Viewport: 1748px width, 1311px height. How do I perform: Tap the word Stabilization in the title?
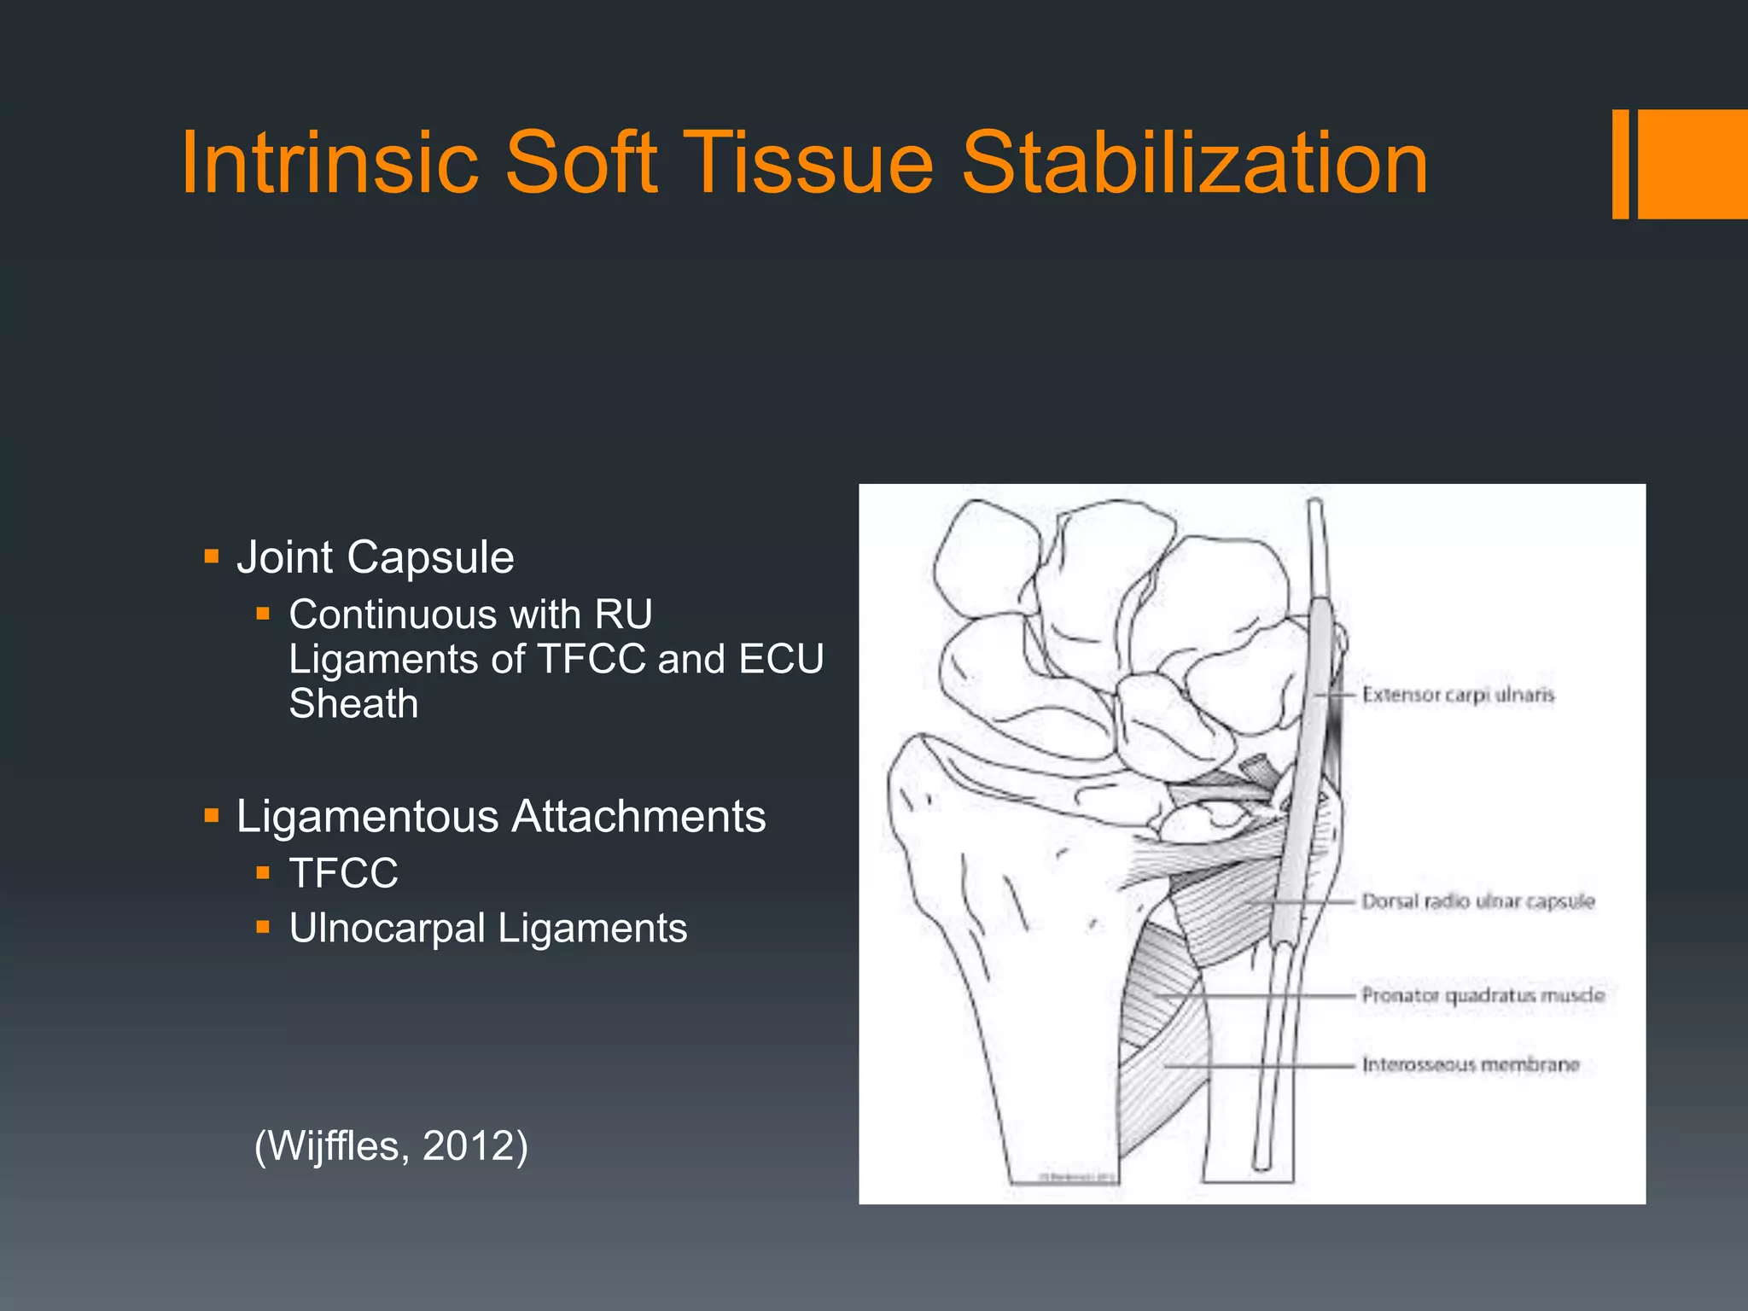1194,162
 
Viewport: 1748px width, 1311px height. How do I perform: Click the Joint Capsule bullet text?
375,557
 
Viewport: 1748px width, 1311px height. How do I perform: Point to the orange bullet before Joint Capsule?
212,558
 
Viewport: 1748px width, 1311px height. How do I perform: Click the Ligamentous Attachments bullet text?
501,816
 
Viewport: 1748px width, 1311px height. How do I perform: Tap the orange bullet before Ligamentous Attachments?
212,817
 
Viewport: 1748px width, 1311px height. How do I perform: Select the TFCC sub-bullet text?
343,873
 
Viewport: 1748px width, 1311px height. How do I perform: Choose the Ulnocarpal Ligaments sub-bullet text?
487,928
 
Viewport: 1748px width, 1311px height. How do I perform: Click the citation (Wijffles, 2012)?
391,1145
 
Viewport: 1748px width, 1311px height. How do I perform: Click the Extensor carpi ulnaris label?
1458,695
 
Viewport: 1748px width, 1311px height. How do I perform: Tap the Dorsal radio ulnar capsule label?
1477,901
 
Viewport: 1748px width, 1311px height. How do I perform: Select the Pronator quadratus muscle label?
1483,995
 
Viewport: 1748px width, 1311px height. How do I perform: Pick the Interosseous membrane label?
1470,1064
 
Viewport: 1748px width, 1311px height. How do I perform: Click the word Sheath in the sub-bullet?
353,704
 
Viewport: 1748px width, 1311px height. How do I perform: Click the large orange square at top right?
1693,164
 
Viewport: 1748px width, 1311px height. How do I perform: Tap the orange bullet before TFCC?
263,873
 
